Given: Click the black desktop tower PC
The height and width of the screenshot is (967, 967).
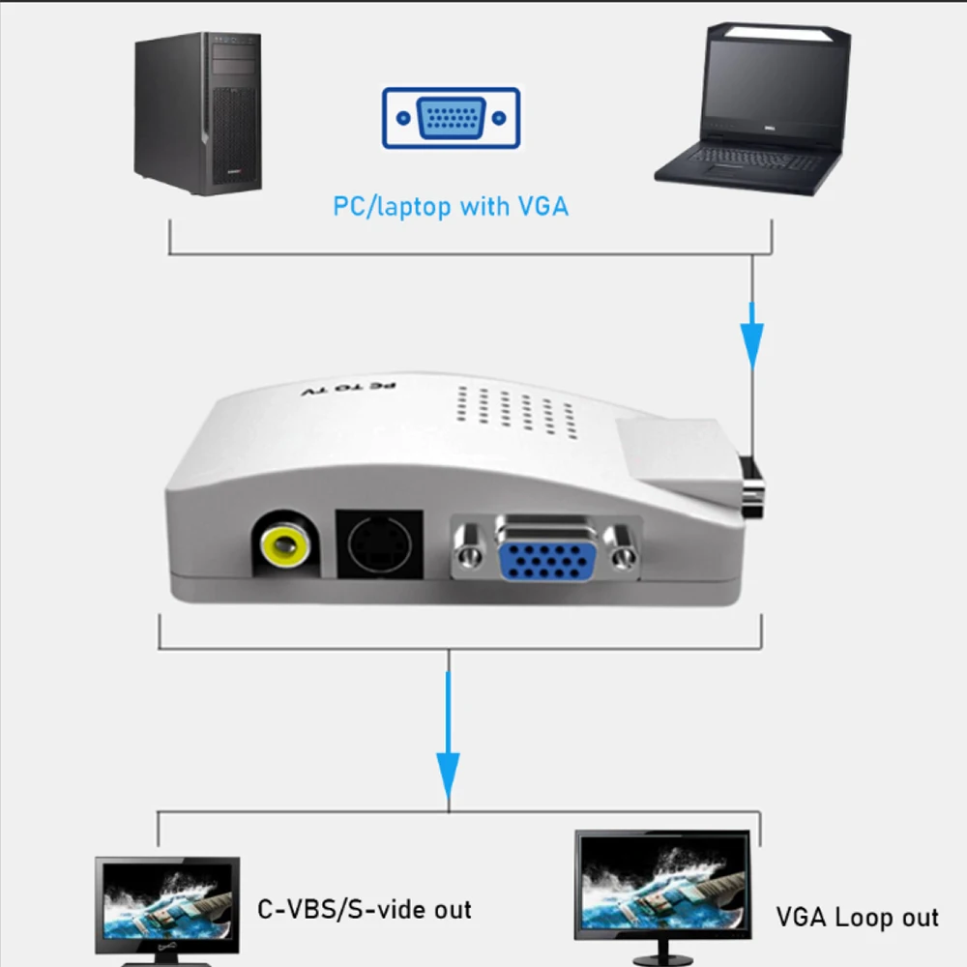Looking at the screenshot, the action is click(198, 113).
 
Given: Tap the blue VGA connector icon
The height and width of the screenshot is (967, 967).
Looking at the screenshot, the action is click(451, 118).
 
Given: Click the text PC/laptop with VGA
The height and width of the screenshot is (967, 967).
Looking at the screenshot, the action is click(451, 206).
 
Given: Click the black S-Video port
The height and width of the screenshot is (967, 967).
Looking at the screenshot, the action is click(379, 546).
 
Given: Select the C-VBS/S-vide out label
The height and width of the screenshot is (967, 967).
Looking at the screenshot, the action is click(364, 909).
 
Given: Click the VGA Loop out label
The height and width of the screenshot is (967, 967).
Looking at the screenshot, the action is click(857, 917).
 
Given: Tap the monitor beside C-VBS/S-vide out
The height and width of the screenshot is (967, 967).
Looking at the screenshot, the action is click(166, 904).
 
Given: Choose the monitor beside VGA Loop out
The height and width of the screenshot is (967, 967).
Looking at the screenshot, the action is click(662, 885).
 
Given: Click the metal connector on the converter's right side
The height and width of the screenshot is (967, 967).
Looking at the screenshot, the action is click(752, 488).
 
